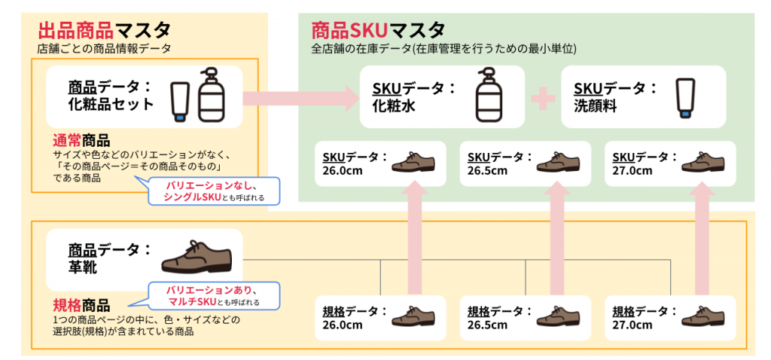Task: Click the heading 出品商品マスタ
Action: tap(104, 30)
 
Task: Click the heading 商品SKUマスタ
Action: tap(378, 30)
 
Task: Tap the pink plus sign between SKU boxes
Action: tap(543, 98)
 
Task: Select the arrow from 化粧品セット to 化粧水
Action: tap(301, 98)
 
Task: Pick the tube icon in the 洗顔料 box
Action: tap(686, 97)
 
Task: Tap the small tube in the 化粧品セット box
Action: tap(180, 102)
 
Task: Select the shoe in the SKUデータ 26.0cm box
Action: tap(413, 162)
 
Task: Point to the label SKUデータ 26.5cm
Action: tap(500, 163)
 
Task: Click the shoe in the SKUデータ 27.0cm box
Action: tap(703, 162)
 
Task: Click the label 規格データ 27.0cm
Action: tap(645, 318)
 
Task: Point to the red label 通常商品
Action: tap(81, 141)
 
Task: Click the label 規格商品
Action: tap(81, 306)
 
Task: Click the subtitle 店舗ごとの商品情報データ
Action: tap(104, 49)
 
